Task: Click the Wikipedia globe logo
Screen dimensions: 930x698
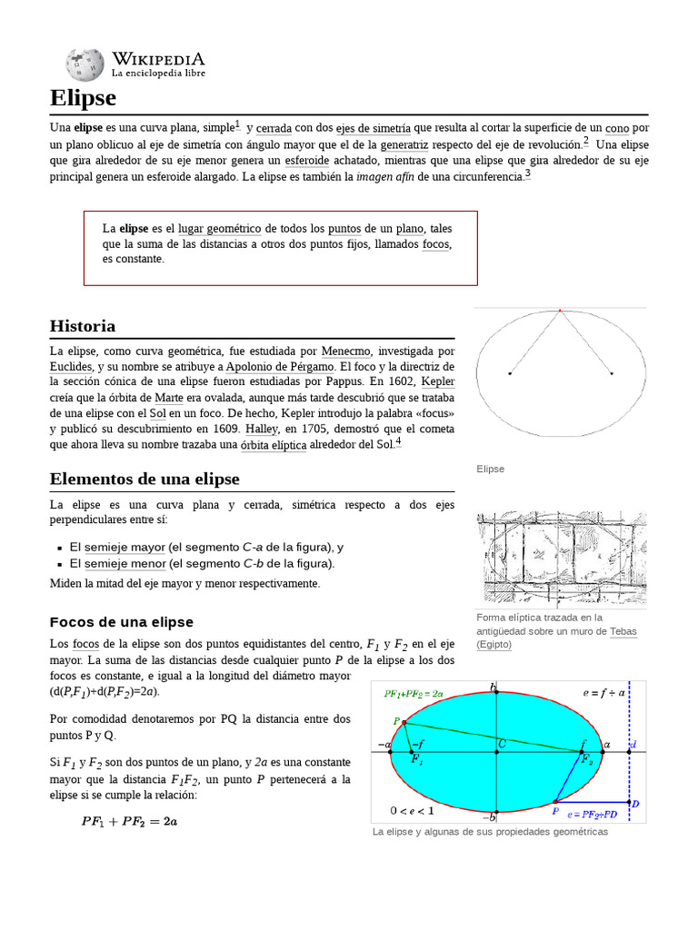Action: pyautogui.click(x=85, y=64)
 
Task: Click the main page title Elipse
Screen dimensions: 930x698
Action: pyautogui.click(x=83, y=97)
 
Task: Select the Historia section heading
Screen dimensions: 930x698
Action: pyautogui.click(x=83, y=326)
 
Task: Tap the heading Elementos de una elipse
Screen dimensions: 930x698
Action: pyautogui.click(x=145, y=479)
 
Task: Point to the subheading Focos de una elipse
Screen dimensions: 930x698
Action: pyautogui.click(x=121, y=622)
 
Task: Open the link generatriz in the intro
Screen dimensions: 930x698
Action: pyautogui.click(x=405, y=143)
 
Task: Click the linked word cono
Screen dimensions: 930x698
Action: pyautogui.click(x=617, y=128)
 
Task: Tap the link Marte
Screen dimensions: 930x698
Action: pyautogui.click(x=169, y=398)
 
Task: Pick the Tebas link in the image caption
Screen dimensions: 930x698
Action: pyautogui.click(x=623, y=630)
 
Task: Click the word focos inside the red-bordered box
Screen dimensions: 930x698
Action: pyautogui.click(x=435, y=244)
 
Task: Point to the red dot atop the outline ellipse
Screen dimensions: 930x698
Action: pyautogui.click(x=560, y=312)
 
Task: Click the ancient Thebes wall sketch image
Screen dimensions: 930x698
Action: pyautogui.click(x=560, y=558)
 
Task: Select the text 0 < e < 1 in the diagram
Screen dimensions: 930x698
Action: pyautogui.click(x=412, y=810)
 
